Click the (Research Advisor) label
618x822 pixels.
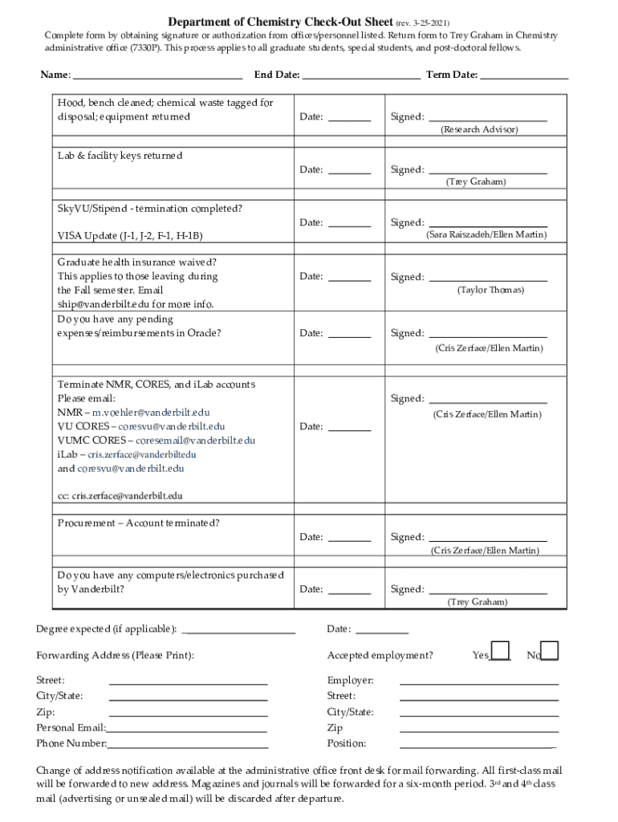479,129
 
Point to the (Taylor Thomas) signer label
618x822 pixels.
490,290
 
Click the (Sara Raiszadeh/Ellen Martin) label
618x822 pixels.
486,235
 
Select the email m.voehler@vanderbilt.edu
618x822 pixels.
151,413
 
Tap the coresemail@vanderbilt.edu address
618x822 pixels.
195,441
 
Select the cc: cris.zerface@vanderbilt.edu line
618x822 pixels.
120,496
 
